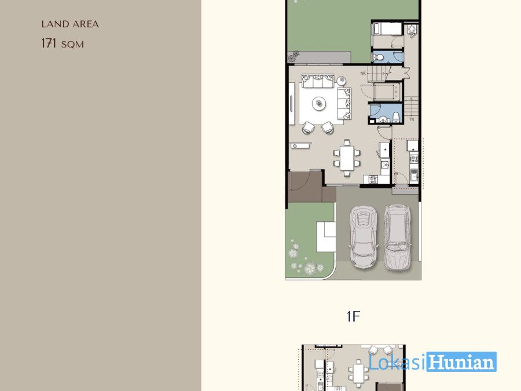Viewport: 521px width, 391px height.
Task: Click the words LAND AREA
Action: (x=70, y=24)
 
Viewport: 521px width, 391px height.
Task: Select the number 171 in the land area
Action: (x=49, y=43)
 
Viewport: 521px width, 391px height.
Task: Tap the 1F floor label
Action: (x=353, y=316)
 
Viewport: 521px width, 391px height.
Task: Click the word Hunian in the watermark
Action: (x=461, y=361)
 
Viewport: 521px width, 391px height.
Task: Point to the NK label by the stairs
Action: (x=363, y=73)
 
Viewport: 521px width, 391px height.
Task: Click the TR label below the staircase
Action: (x=412, y=119)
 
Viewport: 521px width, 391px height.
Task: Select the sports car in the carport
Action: (x=364, y=236)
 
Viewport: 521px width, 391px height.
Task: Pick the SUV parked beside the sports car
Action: (x=397, y=236)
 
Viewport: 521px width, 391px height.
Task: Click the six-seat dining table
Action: (x=347, y=158)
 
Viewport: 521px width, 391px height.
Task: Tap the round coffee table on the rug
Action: (x=319, y=103)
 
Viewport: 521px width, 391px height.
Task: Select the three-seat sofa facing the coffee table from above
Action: (x=318, y=81)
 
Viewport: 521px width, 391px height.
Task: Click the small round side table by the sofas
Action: (x=341, y=81)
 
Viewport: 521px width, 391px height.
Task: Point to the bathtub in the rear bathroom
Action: (x=387, y=29)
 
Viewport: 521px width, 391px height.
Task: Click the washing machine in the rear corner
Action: (x=412, y=30)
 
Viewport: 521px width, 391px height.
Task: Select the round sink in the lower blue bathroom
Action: (x=383, y=119)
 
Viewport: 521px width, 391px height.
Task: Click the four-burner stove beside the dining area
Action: (x=373, y=180)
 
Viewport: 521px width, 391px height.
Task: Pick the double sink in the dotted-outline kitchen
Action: (x=414, y=174)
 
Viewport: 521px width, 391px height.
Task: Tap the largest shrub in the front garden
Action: (x=310, y=268)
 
